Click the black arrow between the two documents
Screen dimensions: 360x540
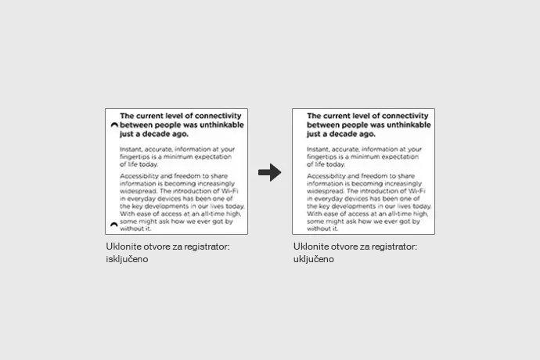click(x=269, y=173)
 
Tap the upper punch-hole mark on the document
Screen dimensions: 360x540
click(x=114, y=124)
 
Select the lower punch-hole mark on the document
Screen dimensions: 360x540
click(x=114, y=225)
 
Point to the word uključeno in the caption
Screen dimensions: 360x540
click(x=314, y=259)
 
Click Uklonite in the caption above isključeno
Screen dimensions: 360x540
click(x=123, y=247)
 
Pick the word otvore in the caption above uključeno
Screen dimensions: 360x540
click(x=343, y=247)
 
